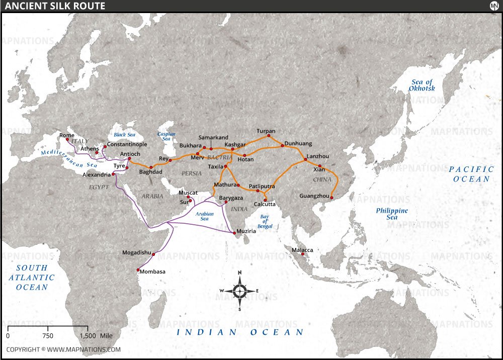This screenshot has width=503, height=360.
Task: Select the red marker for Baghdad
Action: [151, 167]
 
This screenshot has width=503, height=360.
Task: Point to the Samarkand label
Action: [213, 137]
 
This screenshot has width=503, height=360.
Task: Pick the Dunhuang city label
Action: [298, 143]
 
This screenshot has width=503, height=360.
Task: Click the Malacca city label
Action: [302, 250]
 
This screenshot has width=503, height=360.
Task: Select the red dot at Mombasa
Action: [138, 270]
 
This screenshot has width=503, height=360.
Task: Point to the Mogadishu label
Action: [137, 252]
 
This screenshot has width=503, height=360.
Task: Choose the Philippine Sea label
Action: [392, 214]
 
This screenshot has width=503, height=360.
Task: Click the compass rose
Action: [240, 290]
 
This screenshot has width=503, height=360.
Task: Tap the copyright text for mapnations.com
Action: [63, 349]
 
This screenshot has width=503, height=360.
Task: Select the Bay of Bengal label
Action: [265, 222]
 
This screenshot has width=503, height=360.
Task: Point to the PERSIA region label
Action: [191, 173]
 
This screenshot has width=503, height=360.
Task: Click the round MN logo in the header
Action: [493, 6]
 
